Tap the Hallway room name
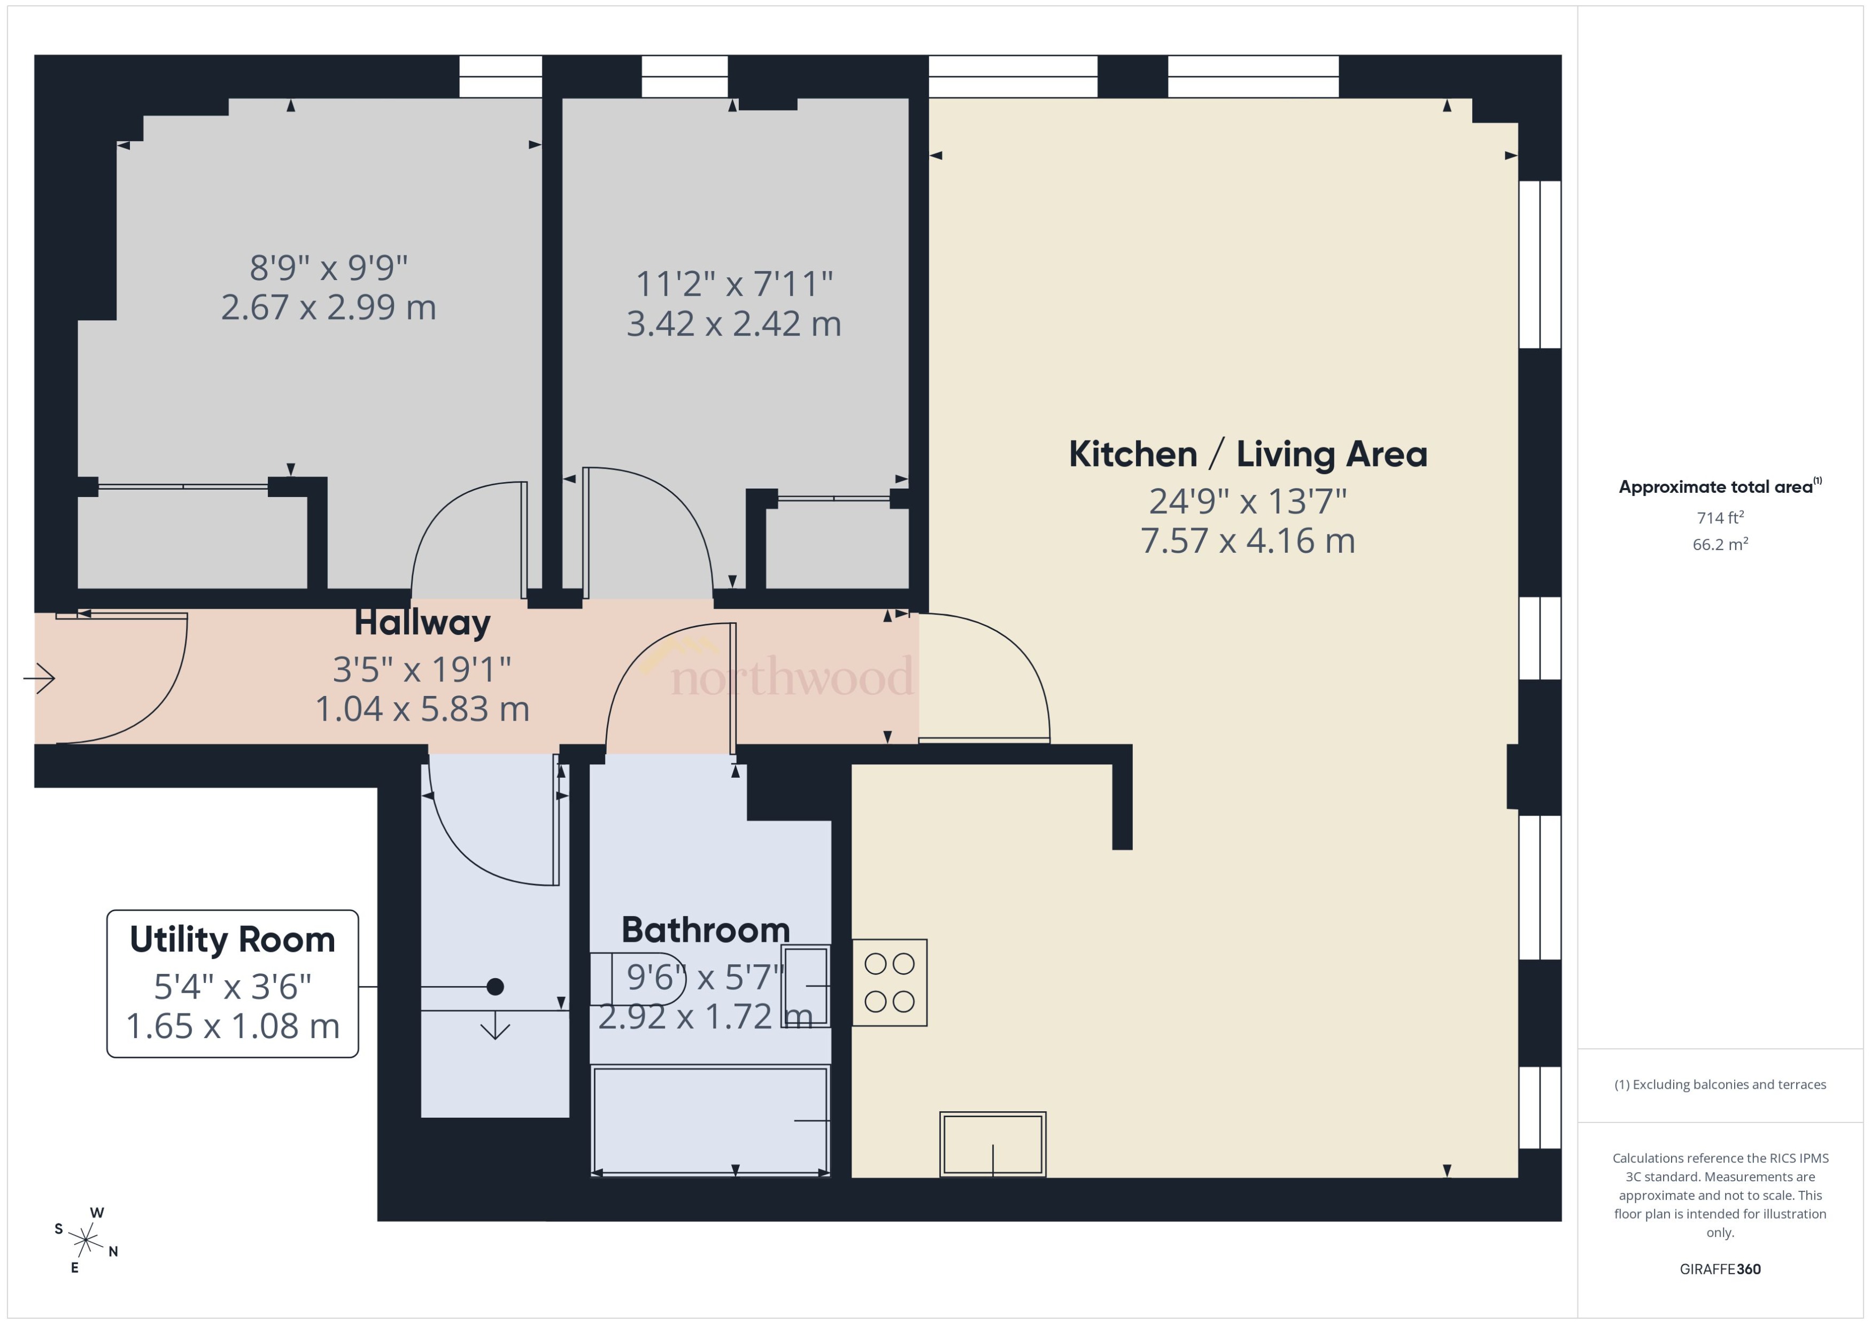(422, 623)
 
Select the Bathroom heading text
(705, 930)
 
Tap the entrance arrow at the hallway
(39, 677)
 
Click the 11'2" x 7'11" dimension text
(734, 284)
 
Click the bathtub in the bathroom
(709, 1121)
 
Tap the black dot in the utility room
(495, 987)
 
